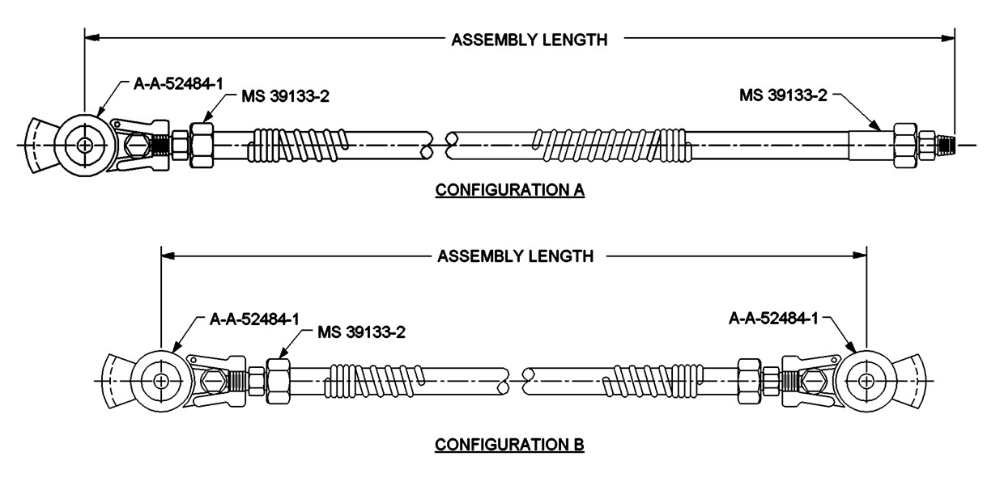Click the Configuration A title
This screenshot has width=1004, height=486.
coord(509,190)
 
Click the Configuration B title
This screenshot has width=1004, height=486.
coord(509,445)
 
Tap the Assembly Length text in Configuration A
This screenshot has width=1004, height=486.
coord(530,40)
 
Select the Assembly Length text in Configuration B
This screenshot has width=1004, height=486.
coord(516,256)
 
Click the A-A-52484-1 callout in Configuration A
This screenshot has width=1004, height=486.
coord(178,83)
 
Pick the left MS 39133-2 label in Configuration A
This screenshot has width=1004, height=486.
coord(286,96)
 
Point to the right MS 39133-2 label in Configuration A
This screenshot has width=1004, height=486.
coord(783,95)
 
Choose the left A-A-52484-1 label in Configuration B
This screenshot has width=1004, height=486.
coord(254,319)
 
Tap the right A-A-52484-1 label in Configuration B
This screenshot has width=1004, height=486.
coord(773,319)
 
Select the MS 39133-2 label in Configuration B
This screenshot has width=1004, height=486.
coord(362,332)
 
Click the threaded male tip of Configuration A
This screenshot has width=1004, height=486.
coord(945,145)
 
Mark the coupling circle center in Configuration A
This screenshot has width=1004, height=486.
coord(84,145)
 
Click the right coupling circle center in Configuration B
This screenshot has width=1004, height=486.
coord(866,382)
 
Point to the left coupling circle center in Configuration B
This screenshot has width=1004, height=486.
coord(160,382)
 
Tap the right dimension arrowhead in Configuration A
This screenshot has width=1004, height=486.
coord(947,39)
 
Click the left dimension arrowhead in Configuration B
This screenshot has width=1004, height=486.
coord(168,256)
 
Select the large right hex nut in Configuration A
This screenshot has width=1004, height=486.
coord(905,145)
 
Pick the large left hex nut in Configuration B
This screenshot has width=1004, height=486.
coord(278,382)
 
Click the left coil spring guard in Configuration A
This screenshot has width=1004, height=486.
coord(298,145)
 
